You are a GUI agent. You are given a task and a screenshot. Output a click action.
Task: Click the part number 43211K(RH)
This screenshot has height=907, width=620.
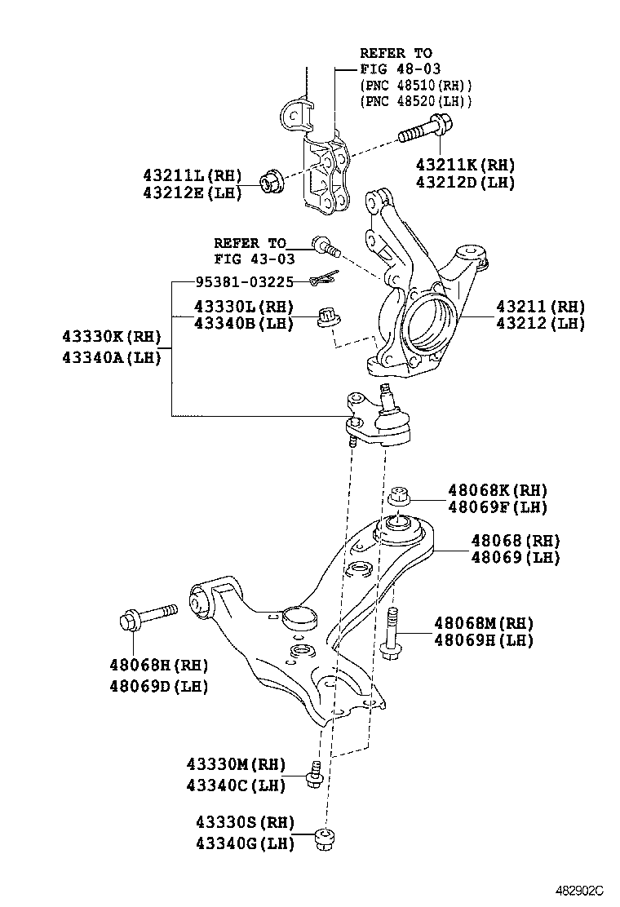pos(465,163)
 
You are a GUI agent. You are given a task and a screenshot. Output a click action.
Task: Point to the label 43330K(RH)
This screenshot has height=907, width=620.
pos(112,336)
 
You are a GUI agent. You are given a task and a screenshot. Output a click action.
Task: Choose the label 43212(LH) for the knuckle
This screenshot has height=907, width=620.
pos(541,323)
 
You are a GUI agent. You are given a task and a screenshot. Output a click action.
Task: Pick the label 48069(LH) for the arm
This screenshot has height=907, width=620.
pos(516,558)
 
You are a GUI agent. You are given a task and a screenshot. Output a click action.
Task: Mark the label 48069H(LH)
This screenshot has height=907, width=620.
pos(483,640)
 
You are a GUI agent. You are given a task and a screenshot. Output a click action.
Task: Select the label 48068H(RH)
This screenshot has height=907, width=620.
pos(159,664)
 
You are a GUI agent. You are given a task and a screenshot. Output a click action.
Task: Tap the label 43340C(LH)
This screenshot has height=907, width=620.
pos(237,785)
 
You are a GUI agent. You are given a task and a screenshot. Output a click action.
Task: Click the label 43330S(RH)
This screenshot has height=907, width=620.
pos(244,822)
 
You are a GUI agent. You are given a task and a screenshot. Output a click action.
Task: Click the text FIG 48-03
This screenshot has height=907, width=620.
pos(400,69)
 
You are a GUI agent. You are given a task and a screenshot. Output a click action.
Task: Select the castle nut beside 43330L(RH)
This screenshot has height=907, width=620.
pos(330,316)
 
